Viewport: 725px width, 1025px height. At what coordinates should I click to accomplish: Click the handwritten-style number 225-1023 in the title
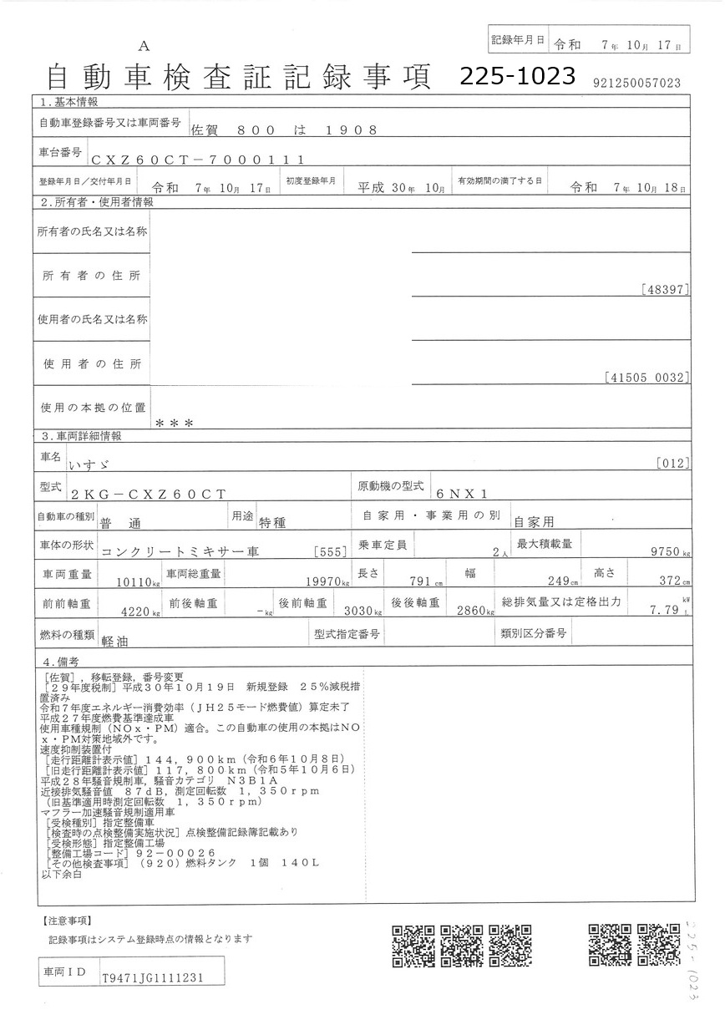pos(518,77)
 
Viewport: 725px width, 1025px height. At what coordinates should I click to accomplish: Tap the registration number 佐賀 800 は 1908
pos(284,129)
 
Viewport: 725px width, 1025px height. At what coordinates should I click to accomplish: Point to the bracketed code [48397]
pos(666,290)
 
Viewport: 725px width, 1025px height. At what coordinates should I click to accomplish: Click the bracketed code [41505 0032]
pos(646,378)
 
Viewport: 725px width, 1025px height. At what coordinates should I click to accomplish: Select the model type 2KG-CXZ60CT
pos(149,494)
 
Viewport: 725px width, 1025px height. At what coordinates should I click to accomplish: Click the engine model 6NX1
pos(465,494)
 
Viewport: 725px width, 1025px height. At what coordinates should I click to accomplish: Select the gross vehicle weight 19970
pos(322,581)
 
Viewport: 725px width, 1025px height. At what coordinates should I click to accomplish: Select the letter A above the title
pos(144,45)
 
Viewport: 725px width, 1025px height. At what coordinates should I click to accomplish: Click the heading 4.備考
pos(63,660)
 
